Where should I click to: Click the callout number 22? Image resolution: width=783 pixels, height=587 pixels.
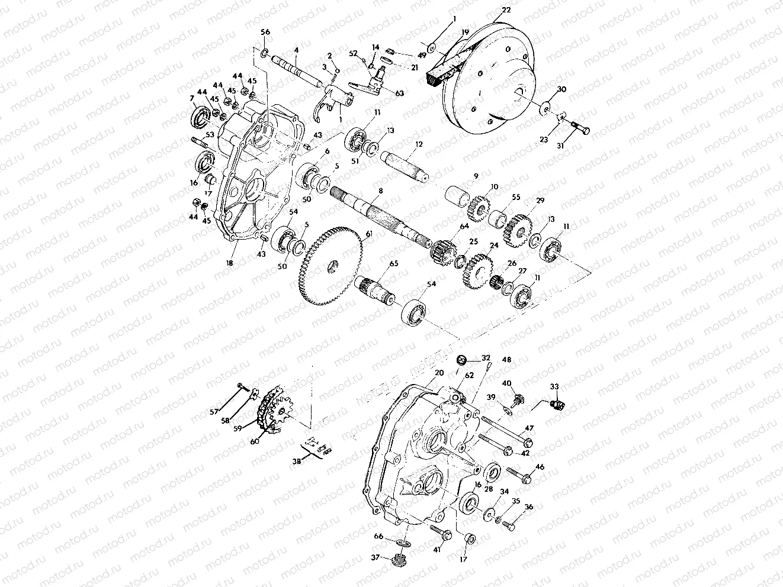click(505, 10)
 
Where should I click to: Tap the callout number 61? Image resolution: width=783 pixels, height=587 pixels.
click(368, 234)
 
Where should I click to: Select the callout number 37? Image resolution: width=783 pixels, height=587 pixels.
click(375, 557)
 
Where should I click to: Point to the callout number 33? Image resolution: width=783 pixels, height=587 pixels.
click(554, 386)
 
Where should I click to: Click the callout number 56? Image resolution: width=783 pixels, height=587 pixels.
click(265, 32)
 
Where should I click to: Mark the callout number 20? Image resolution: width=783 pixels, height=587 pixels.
click(439, 373)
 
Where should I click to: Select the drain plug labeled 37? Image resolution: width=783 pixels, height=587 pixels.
click(400, 559)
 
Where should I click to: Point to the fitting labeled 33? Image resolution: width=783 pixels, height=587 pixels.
click(556, 405)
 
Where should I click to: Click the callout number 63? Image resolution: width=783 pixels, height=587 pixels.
click(400, 93)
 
